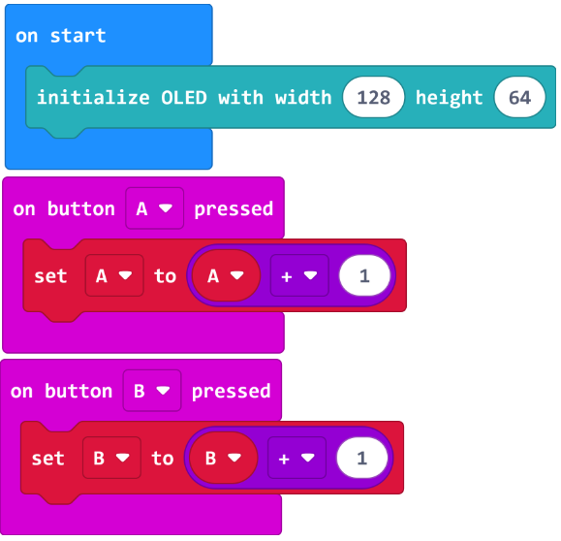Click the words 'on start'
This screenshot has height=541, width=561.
pyautogui.click(x=61, y=36)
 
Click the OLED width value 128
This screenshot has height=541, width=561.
pyautogui.click(x=374, y=97)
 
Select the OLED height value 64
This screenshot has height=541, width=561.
pyautogui.click(x=520, y=97)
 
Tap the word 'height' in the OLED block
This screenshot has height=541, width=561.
pyautogui.click(x=450, y=98)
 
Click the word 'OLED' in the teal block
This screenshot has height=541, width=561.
pyautogui.click(x=184, y=97)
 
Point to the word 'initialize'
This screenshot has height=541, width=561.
pyautogui.click(x=93, y=97)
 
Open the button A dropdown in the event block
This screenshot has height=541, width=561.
pyautogui.click(x=155, y=208)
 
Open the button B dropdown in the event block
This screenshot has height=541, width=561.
pyautogui.click(x=152, y=391)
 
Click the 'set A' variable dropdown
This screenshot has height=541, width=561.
pyautogui.click(x=114, y=275)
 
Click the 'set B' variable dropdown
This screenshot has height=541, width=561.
pyautogui.click(x=112, y=458)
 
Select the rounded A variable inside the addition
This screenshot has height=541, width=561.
pyautogui.click(x=226, y=275)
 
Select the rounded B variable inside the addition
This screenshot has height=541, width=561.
pyautogui.click(x=223, y=458)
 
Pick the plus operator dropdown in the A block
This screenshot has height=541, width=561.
pyautogui.click(x=299, y=275)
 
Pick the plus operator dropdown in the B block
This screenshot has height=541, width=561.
pyautogui.click(x=296, y=458)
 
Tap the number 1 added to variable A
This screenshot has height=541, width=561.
pyautogui.click(x=364, y=275)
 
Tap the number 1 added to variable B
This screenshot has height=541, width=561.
pyautogui.click(x=362, y=458)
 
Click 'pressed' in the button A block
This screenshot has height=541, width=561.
pyautogui.click(x=234, y=209)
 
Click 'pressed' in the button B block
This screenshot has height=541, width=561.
pyautogui.click(x=232, y=392)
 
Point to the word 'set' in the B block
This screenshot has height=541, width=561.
pyautogui.click(x=47, y=459)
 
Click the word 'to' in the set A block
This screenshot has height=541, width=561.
pyautogui.click(x=165, y=276)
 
